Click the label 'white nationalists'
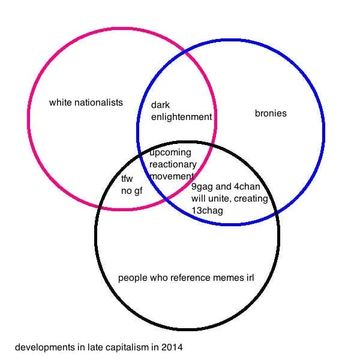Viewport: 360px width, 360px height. pyautogui.click(x=86, y=103)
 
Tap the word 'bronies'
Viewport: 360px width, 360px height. pyautogui.click(x=271, y=113)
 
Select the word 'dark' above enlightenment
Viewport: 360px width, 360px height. pyautogui.click(x=160, y=106)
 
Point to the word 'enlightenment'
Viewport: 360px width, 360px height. pyautogui.click(x=181, y=117)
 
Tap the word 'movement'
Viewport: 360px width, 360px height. pyautogui.click(x=170, y=176)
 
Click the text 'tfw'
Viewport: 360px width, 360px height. pyautogui.click(x=127, y=179)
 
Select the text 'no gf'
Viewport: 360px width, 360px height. pyautogui.click(x=131, y=191)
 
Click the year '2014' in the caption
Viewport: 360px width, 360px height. pyautogui.click(x=173, y=347)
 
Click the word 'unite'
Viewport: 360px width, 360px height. pyautogui.click(x=220, y=199)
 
